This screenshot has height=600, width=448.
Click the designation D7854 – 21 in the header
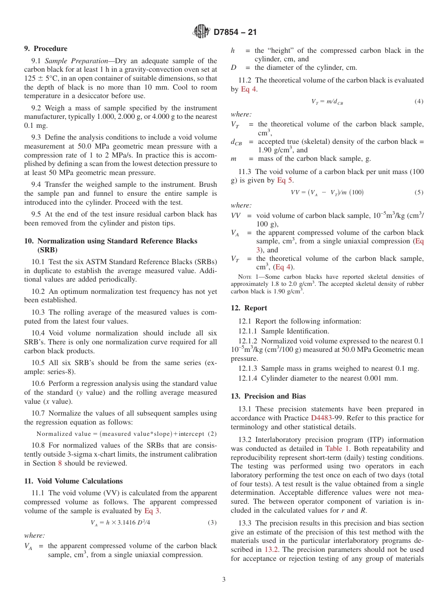235,33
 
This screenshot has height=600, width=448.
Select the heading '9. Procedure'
46,49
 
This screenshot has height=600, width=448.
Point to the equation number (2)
212,434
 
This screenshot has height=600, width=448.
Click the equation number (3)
212,522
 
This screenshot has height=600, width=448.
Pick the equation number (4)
419,101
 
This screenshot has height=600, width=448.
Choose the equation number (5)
419,192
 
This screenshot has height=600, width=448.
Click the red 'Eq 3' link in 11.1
152,511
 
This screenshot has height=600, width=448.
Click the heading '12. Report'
249,308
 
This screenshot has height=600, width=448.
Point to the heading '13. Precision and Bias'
268,396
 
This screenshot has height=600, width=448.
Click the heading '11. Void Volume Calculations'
73,481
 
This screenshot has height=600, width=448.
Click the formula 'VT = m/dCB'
327,102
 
